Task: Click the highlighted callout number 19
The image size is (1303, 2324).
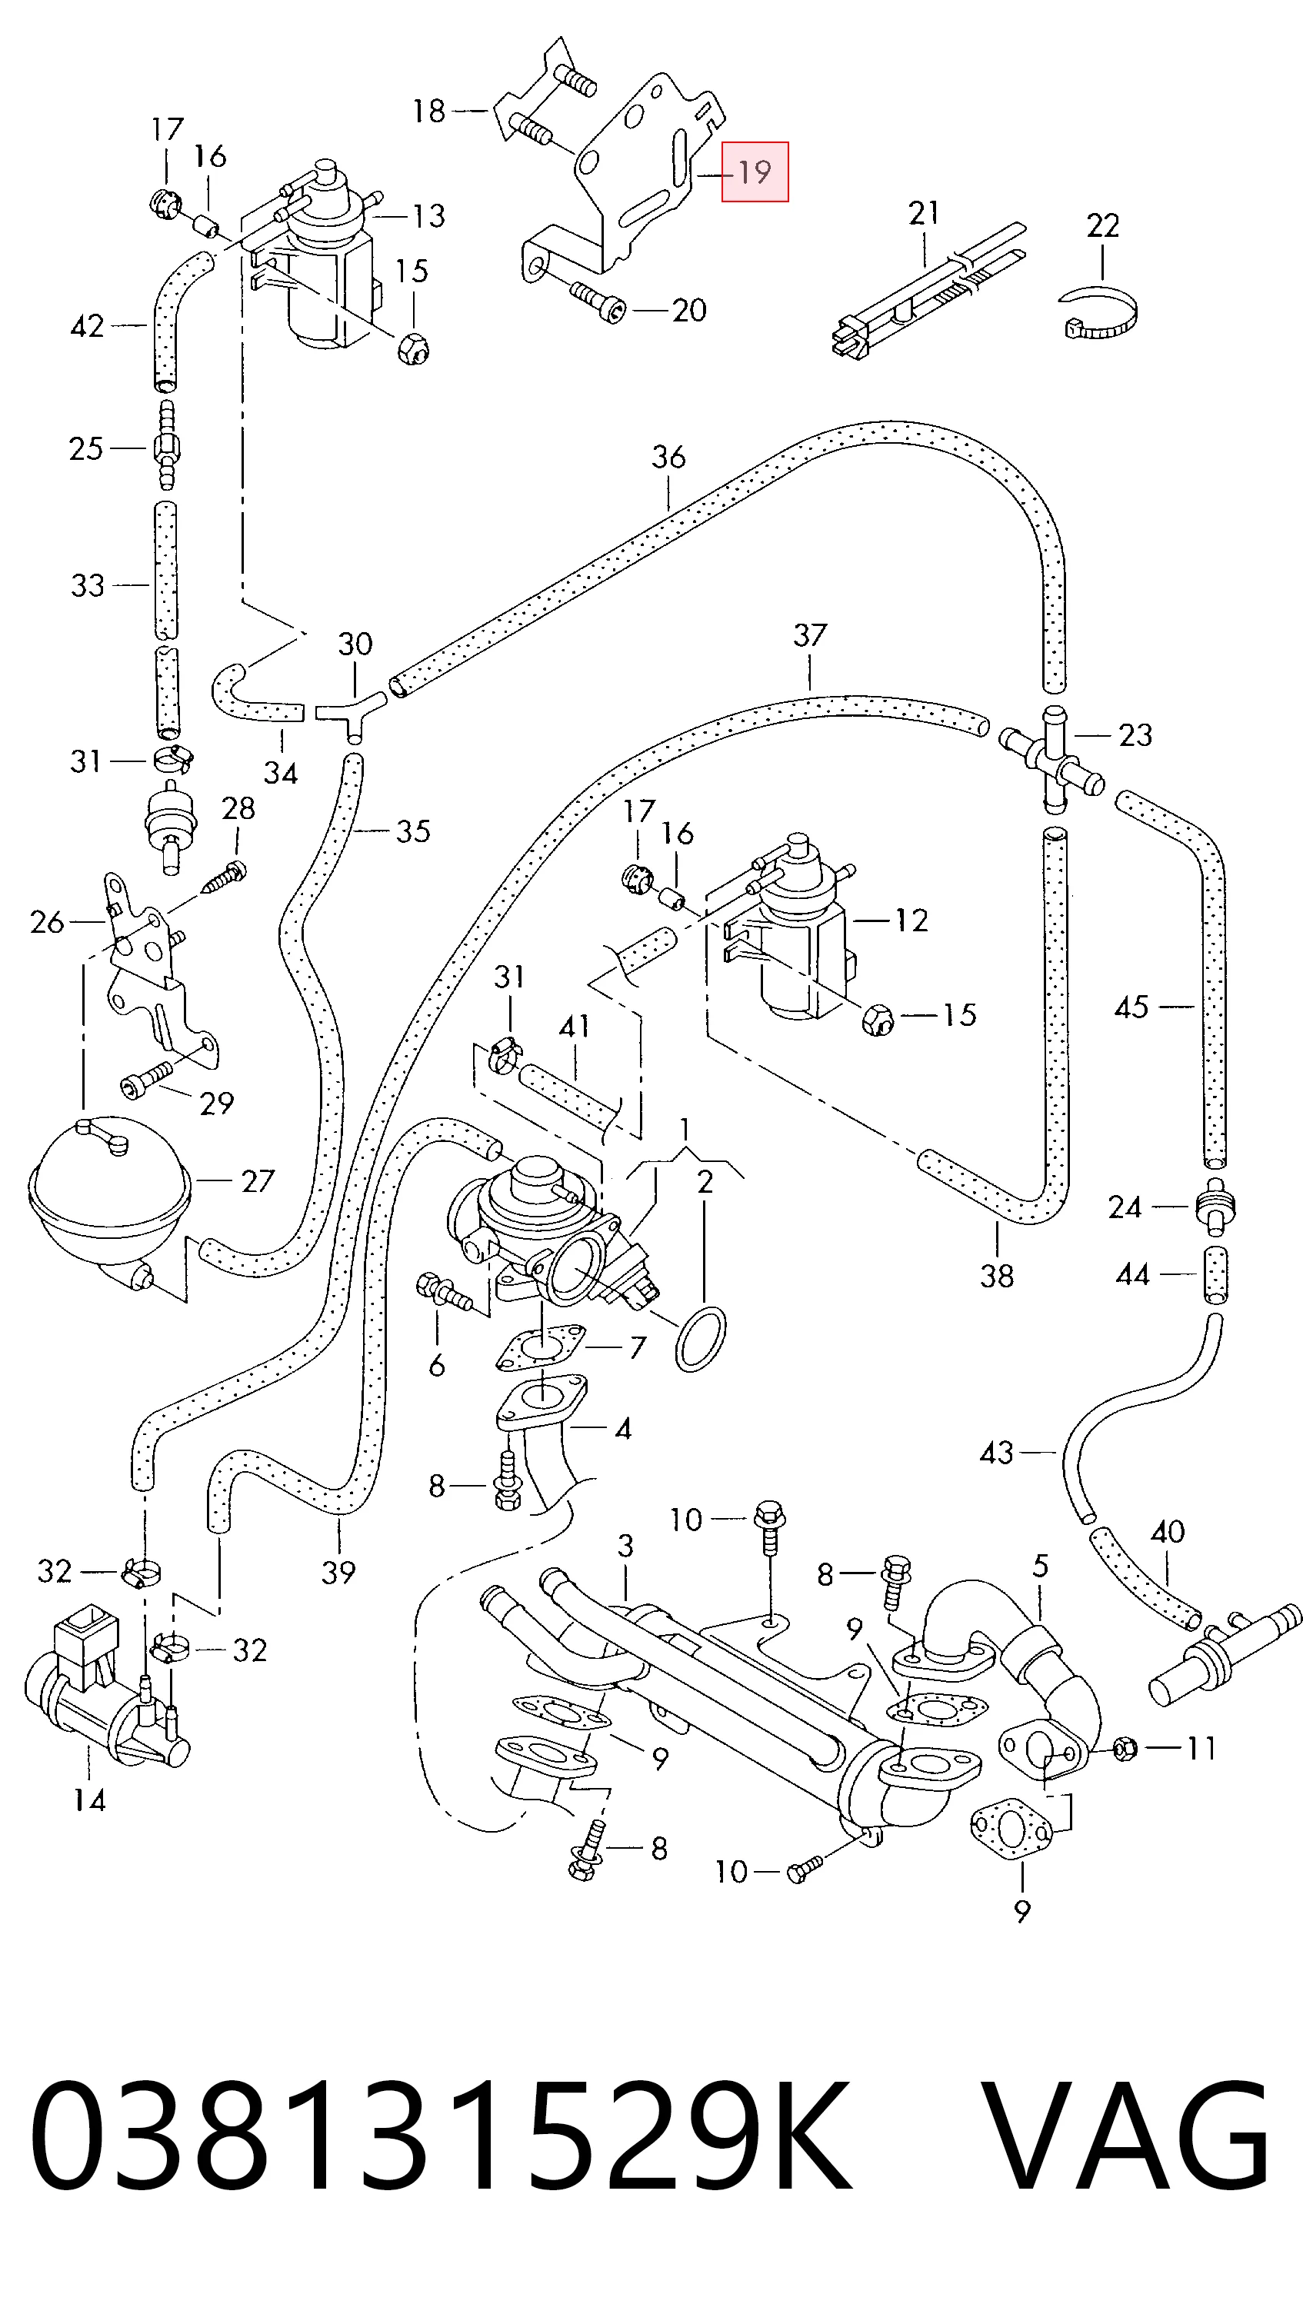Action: coord(755,171)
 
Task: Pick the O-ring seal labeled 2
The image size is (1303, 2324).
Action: coord(700,1339)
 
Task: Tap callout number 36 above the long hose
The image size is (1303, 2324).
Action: coord(668,457)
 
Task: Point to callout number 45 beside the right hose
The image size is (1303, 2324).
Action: coord(1131,1007)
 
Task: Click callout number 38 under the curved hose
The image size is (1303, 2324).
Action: coord(997,1276)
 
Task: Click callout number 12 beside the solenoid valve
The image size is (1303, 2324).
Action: coord(911,921)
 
